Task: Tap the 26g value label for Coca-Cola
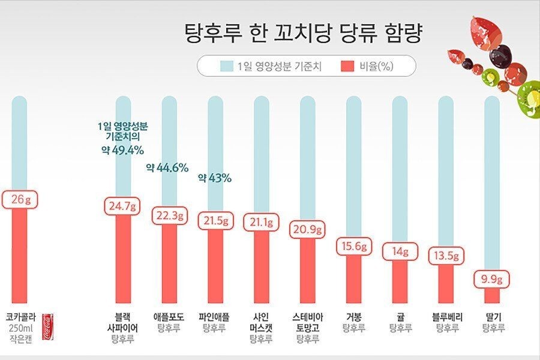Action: [20, 199]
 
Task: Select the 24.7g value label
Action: [122, 207]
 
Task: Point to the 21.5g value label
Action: [215, 221]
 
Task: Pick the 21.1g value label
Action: [262, 223]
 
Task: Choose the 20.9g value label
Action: [308, 229]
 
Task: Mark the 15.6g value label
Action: [354, 247]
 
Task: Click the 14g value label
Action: [400, 252]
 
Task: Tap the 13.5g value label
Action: [446, 256]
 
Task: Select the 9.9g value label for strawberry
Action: [493, 279]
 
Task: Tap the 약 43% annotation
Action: [214, 178]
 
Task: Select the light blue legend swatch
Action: [226, 66]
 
